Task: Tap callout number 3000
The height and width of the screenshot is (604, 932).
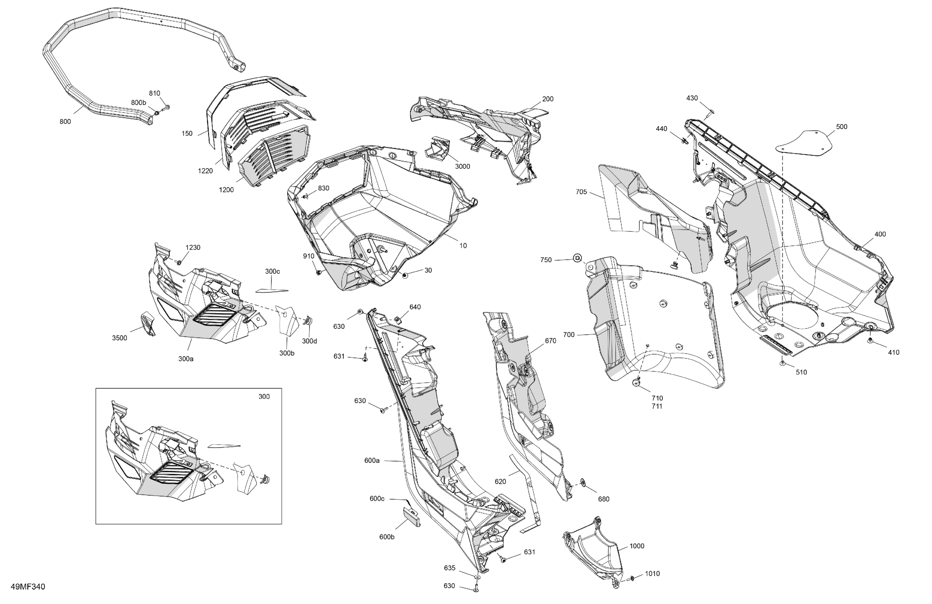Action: tap(462, 166)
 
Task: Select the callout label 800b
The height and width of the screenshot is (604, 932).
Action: tap(138, 103)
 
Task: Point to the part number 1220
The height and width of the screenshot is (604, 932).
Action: tap(205, 171)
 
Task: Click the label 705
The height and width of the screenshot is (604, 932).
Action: tap(581, 192)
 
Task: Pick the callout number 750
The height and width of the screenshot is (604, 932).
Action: tap(546, 260)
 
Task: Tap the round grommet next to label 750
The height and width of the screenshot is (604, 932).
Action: tap(577, 258)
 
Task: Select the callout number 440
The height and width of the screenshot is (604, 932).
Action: tap(661, 129)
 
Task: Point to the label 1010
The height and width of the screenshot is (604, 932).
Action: tap(652, 573)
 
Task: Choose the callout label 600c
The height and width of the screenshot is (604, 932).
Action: tap(377, 498)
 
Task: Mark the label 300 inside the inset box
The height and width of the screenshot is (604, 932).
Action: tap(264, 397)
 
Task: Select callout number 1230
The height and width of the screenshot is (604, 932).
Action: tap(193, 247)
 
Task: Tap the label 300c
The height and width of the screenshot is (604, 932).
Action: tap(272, 271)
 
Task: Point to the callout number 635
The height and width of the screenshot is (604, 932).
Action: tap(450, 568)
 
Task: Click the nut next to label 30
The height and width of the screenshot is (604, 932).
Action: tap(405, 276)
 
